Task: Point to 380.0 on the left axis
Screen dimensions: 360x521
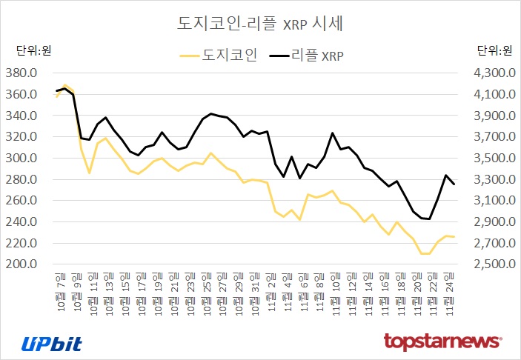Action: point(21,73)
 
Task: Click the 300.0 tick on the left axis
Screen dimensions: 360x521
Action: point(21,159)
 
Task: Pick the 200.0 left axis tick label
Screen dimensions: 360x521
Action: point(21,264)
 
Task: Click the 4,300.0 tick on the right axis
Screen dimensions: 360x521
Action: point(489,73)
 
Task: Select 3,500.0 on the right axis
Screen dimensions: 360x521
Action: point(489,159)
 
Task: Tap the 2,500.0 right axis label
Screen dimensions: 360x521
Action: point(489,264)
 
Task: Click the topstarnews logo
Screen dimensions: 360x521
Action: point(442,341)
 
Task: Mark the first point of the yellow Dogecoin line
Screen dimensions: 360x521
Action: point(56,97)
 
